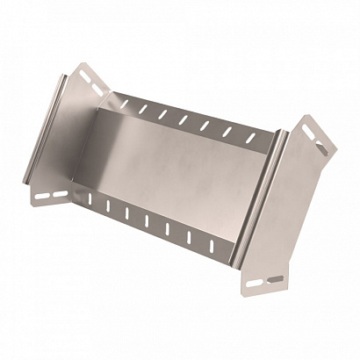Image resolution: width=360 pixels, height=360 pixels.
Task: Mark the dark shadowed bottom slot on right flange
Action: pyautogui.click(x=275, y=279)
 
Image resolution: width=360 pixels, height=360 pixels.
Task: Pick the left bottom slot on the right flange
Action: pyautogui.click(x=255, y=282)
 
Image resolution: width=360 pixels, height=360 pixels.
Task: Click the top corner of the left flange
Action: pyautogui.click(x=82, y=63)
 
